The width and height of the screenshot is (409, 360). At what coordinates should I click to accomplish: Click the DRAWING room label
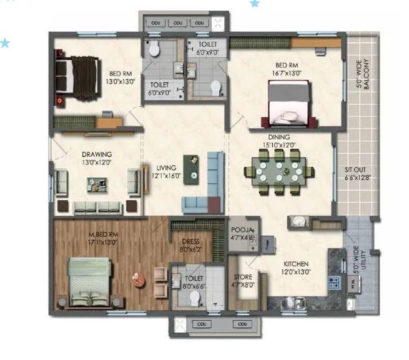click(96, 154)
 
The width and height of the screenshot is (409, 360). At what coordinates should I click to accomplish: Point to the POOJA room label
click(240, 229)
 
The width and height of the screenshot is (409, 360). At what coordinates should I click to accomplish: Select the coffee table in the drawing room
click(96, 183)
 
